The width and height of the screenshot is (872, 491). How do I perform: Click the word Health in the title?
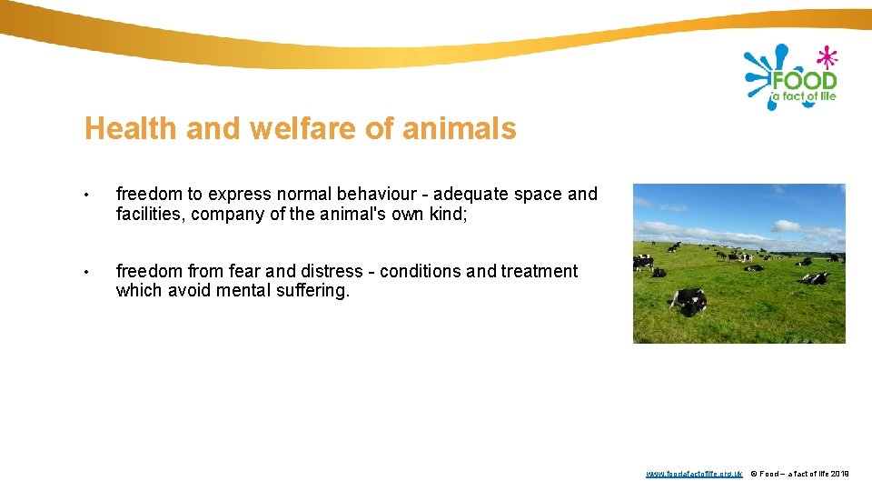pos(131,128)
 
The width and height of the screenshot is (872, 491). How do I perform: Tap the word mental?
pos(243,291)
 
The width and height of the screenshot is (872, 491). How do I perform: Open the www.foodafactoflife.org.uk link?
pos(694,474)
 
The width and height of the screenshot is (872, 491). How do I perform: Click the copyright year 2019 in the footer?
pos(840,474)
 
